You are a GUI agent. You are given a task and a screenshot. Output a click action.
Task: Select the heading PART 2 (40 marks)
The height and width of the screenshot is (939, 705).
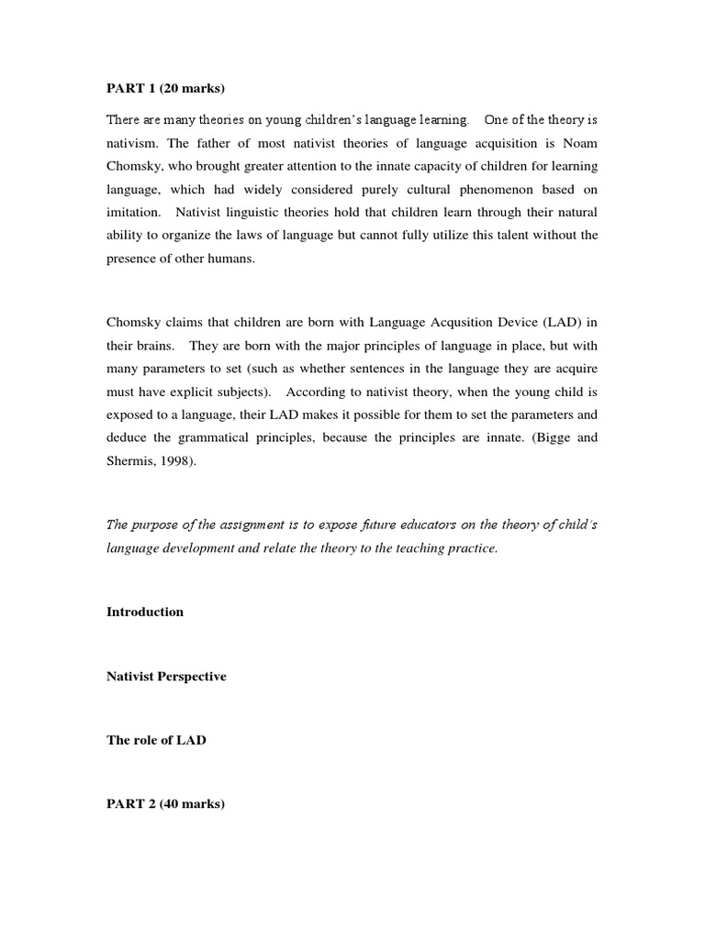(x=165, y=804)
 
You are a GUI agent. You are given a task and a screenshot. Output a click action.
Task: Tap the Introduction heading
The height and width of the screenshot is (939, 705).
(x=145, y=612)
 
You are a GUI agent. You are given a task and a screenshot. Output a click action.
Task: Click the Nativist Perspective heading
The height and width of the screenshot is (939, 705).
(x=166, y=676)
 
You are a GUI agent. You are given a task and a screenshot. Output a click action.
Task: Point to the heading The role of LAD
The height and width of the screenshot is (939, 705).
(x=156, y=740)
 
